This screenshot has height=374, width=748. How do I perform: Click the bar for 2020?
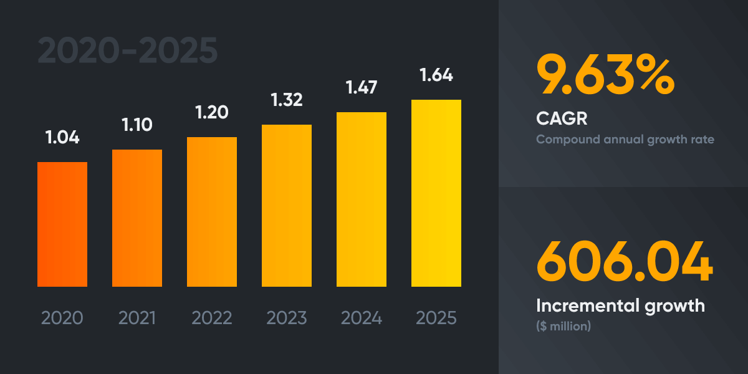click(x=62, y=224)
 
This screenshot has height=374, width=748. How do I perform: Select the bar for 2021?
click(x=137, y=218)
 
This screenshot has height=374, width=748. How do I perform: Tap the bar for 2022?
click(x=212, y=212)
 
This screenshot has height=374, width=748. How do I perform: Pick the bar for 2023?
click(x=287, y=206)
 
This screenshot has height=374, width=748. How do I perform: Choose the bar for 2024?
click(x=362, y=199)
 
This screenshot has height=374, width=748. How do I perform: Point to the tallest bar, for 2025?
click(x=436, y=193)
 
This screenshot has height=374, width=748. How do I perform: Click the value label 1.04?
click(x=62, y=137)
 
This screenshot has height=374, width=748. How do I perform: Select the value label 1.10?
click(x=137, y=125)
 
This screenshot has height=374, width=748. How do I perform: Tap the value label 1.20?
click(x=212, y=112)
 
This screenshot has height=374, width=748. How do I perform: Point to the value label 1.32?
click(x=287, y=100)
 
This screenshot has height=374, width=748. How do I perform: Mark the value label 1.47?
click(x=362, y=87)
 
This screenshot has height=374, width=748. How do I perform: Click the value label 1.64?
click(x=436, y=75)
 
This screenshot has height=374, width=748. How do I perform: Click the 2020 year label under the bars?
click(x=62, y=318)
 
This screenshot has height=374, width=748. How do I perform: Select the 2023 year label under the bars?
click(x=287, y=318)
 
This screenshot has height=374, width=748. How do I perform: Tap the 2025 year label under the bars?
click(x=436, y=318)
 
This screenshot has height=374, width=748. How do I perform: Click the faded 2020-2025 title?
click(x=128, y=51)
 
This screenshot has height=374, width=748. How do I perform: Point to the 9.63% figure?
click(x=605, y=75)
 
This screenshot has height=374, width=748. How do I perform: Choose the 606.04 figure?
click(x=624, y=261)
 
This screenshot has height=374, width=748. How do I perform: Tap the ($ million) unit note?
click(x=563, y=326)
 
